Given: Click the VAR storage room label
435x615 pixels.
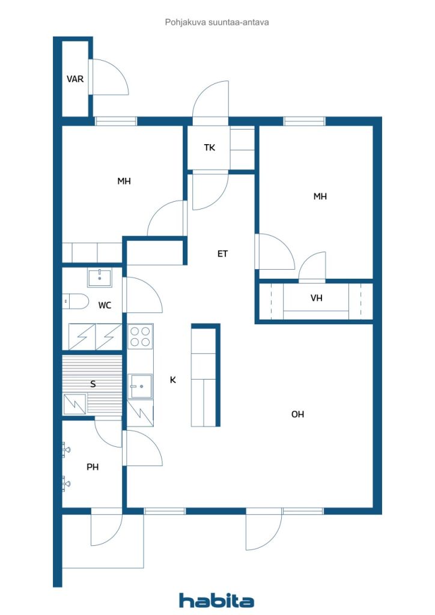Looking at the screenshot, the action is (75, 79).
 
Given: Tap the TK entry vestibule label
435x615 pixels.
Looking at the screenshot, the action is (210, 148).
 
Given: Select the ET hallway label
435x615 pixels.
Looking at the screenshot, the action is (222, 254).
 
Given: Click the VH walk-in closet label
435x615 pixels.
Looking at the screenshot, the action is (316, 298).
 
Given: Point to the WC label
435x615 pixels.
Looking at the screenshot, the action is (105, 305).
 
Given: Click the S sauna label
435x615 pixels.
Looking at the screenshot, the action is (93, 384).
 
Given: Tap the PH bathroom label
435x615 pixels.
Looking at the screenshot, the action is (93, 467).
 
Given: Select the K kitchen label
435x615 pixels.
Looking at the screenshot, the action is (172, 380).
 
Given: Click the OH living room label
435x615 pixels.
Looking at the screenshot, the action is (297, 414).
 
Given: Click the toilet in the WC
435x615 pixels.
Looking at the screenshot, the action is (75, 301).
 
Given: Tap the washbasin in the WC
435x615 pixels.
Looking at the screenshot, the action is (100, 277).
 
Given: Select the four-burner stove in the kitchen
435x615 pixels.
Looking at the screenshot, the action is (140, 336).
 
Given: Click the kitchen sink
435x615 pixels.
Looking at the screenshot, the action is (140, 386).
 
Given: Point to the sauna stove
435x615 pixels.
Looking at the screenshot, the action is (75, 404).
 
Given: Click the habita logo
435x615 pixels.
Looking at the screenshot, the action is (216, 601).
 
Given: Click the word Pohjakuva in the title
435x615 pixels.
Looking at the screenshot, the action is (186, 22).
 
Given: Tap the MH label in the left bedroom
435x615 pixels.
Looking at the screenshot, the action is (124, 181).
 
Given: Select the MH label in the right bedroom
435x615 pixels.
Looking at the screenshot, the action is (320, 196).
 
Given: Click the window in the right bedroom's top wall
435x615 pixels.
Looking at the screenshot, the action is (305, 121).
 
